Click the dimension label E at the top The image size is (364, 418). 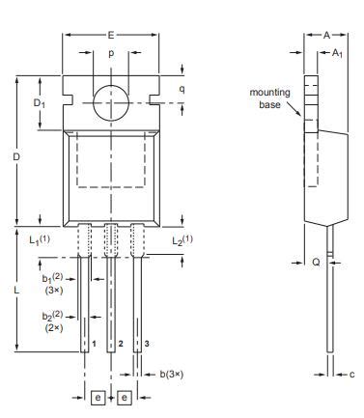click(x=110, y=33)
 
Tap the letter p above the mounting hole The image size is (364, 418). click(x=110, y=54)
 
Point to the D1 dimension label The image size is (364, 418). click(x=40, y=102)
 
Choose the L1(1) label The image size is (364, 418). click(x=40, y=238)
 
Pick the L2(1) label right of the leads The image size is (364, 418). click(x=182, y=238)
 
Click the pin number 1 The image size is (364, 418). click(x=94, y=344)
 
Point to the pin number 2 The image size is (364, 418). click(x=120, y=344)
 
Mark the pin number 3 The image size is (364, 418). click(x=146, y=344)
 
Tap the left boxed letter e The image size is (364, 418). click(x=98, y=397)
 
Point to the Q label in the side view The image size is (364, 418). click(x=313, y=261)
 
